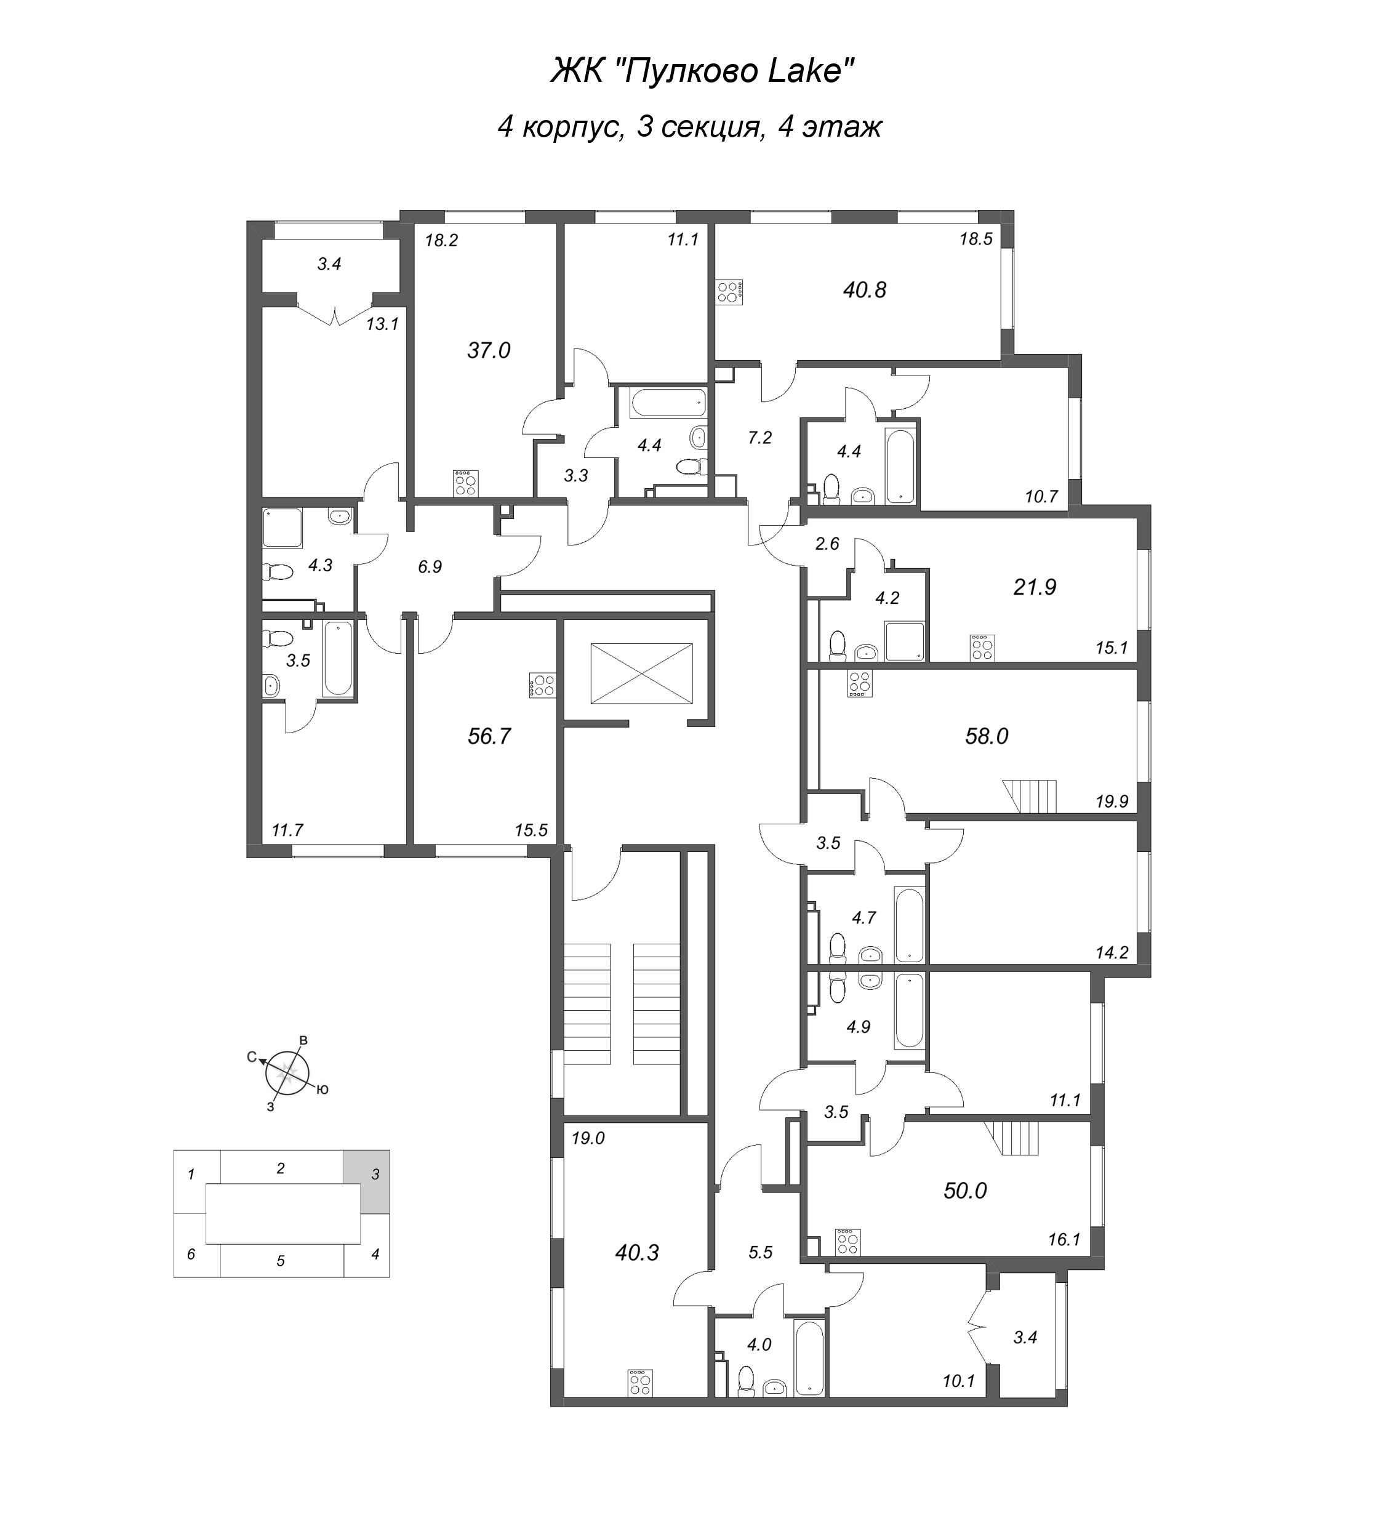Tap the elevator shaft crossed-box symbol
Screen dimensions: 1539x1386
[641, 673]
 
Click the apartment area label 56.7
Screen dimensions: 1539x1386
[489, 736]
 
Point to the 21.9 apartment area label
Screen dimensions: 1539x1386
[1034, 587]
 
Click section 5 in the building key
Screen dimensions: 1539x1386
[280, 1261]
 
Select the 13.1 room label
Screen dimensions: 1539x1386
[382, 324]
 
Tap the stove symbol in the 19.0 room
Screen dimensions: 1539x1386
[639, 1383]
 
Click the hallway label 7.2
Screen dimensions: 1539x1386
[759, 437]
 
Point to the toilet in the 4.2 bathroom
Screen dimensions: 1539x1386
[838, 645]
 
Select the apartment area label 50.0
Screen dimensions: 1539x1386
[964, 1190]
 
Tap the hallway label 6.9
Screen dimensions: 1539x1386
[430, 566]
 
